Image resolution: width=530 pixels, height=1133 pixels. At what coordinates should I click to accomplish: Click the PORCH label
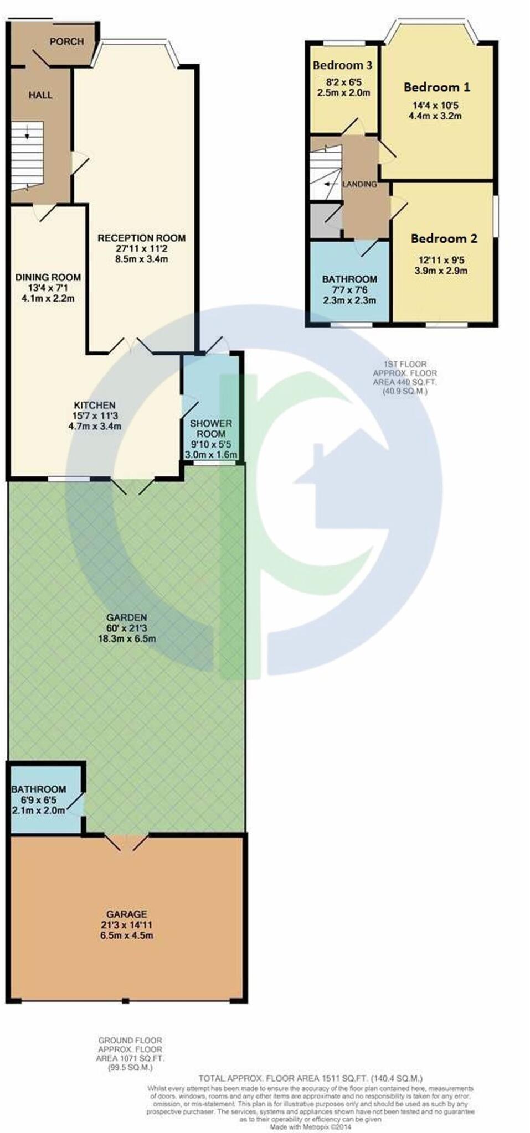[66, 41]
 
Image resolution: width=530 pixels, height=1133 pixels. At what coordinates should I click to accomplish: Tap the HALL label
[40, 95]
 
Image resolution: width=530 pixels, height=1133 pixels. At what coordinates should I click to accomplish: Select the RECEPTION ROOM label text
[141, 238]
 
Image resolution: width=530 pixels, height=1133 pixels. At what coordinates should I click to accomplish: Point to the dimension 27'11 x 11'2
[141, 248]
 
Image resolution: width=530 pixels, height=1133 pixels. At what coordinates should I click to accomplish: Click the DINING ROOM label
[48, 277]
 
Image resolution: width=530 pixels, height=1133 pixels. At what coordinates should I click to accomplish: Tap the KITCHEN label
[95, 406]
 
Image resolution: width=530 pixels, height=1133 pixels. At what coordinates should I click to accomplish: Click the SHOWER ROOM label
[211, 429]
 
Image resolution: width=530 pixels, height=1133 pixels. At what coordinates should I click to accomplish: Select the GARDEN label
[127, 617]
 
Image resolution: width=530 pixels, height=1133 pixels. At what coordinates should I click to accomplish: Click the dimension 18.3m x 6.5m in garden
[127, 638]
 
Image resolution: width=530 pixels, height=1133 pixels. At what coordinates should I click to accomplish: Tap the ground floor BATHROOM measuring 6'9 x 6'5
[39, 789]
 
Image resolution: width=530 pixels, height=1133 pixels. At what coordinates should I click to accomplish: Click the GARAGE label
[127, 914]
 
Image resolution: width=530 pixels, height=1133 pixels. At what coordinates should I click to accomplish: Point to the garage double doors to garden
[126, 842]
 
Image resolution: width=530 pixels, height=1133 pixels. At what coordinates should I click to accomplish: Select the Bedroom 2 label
[444, 238]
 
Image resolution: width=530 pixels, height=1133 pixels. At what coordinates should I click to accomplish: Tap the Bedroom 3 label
[342, 65]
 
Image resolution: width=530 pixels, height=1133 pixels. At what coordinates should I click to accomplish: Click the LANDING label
[359, 184]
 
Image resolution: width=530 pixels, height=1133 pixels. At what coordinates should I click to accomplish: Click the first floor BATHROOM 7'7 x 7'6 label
[349, 279]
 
